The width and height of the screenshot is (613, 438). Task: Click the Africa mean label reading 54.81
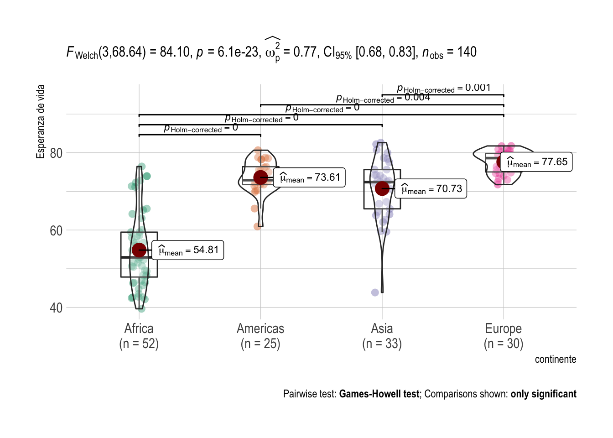(187, 250)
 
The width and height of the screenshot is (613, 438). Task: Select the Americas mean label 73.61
(309, 177)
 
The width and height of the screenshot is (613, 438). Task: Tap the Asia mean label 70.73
(431, 189)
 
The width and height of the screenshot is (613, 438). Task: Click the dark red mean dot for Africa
(139, 250)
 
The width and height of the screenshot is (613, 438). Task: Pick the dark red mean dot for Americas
(260, 177)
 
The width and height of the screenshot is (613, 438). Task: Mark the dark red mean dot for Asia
(382, 188)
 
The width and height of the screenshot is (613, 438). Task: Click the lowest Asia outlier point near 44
(375, 292)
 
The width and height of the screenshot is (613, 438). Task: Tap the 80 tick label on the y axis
(56, 153)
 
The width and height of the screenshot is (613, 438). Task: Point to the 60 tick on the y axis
(56, 231)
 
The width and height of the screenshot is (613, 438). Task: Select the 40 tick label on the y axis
(56, 308)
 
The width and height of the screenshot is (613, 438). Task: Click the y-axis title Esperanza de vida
(41, 122)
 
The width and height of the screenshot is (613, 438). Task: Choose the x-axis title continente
(555, 360)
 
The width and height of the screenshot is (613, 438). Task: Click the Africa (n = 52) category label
(139, 336)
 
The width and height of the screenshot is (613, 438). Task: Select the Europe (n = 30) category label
(503, 336)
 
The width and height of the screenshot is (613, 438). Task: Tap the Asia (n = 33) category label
(382, 336)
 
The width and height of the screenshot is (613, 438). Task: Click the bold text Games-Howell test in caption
(379, 394)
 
